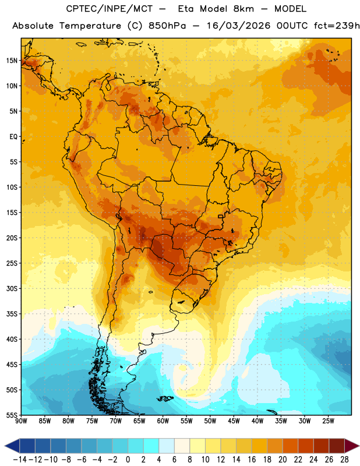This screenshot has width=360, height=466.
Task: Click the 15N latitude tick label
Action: point(12,61)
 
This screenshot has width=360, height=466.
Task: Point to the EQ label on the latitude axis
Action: point(13,137)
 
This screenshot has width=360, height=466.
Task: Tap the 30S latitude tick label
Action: point(12,288)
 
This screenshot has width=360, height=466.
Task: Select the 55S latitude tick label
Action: point(12,415)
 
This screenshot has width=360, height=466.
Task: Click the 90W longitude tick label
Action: point(21,421)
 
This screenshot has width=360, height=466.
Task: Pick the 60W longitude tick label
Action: point(163,421)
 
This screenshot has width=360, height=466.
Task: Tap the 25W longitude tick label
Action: point(328,421)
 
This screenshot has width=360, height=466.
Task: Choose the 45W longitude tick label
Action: point(234,421)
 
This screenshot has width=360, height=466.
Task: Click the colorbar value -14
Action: point(20,460)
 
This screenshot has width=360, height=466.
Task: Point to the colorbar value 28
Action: point(344,460)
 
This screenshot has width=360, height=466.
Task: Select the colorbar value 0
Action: point(128,460)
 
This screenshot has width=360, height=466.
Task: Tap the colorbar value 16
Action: point(252,460)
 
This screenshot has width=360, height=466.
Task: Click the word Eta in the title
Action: point(186,9)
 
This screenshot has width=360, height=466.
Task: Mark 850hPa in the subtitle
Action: point(167,26)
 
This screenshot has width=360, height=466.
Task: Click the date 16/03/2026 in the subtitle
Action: point(239,26)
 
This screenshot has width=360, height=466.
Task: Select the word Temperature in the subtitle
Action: point(90,26)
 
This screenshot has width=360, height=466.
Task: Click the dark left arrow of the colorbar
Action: point(12,446)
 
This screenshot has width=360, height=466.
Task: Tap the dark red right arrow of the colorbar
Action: point(352,446)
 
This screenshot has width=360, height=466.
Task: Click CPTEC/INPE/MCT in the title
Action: point(110,9)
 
